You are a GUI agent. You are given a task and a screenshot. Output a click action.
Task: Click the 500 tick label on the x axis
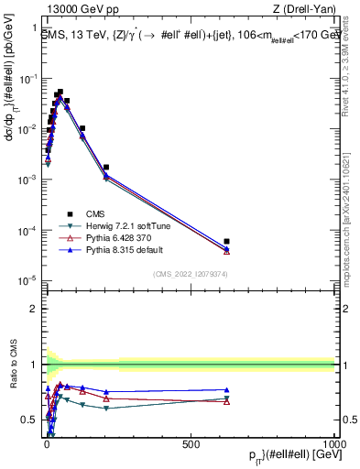tap(191, 443)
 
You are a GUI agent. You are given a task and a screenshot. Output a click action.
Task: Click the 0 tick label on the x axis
tap(47, 443)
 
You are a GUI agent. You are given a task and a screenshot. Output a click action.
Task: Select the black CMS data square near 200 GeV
tap(106, 168)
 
